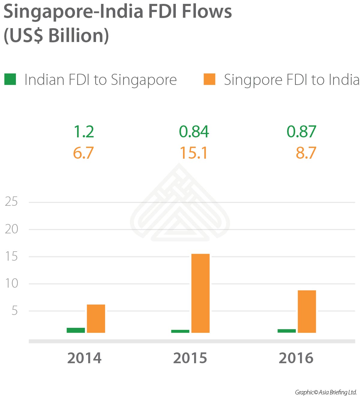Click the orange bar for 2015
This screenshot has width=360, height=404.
(x=200, y=293)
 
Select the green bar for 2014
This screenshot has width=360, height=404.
(x=76, y=330)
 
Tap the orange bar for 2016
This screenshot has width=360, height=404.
(x=307, y=311)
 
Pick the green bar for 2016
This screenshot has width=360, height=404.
(x=286, y=331)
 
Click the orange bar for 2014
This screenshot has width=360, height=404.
(x=96, y=319)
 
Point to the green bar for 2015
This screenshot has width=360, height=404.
(x=180, y=331)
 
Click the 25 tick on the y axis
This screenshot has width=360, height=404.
(x=11, y=202)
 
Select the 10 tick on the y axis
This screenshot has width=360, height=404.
(x=11, y=283)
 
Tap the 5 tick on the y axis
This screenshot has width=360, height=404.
(x=14, y=311)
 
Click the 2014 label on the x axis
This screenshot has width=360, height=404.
(x=84, y=358)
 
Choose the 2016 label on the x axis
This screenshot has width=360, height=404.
(x=296, y=358)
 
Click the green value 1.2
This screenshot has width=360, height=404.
(x=84, y=132)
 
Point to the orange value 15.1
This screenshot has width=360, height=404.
(x=193, y=153)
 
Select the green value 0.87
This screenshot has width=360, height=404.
(x=301, y=132)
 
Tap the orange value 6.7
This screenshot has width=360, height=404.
(x=83, y=153)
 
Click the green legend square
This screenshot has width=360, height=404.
(x=10, y=79)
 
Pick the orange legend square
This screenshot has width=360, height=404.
(x=209, y=79)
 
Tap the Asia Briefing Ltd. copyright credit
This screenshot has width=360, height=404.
(x=326, y=392)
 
